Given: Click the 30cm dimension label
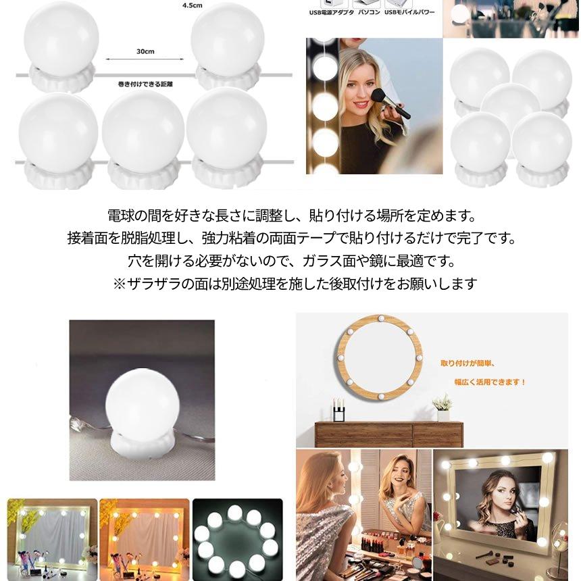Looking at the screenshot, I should (x=144, y=51).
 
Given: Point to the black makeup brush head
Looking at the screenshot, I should (x=379, y=95).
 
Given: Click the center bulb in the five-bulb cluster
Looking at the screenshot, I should (x=510, y=106).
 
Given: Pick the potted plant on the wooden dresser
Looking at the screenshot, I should (x=443, y=407).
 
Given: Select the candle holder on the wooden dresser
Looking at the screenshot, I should (x=338, y=409).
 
